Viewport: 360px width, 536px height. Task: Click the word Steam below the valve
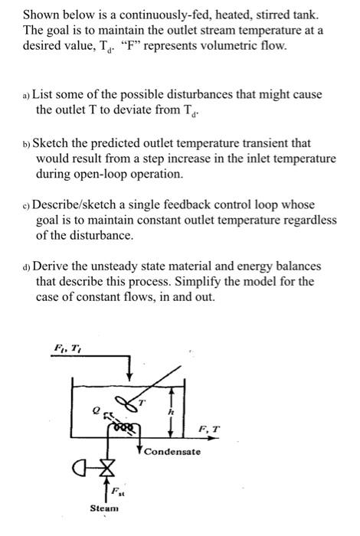105,508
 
